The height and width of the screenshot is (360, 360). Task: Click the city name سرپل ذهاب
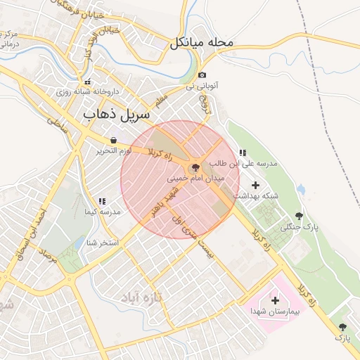pos(117,113)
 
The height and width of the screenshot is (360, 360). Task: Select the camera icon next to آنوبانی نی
pos(202,75)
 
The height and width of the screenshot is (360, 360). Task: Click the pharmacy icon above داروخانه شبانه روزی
pos(87,82)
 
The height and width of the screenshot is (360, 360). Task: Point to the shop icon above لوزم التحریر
pos(113,140)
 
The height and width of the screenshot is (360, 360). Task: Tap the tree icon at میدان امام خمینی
pos(195,167)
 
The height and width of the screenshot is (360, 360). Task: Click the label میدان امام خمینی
pos(195,179)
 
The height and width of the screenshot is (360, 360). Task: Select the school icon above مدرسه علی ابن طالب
pos(243,152)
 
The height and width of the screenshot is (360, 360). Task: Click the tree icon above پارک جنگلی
pos(300,216)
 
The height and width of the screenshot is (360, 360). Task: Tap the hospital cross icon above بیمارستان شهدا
pos(275,300)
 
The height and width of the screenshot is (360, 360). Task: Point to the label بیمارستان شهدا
pos(275,311)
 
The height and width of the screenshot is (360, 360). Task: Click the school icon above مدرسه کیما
pos(102,201)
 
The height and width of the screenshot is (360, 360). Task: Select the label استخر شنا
pos(102,243)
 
